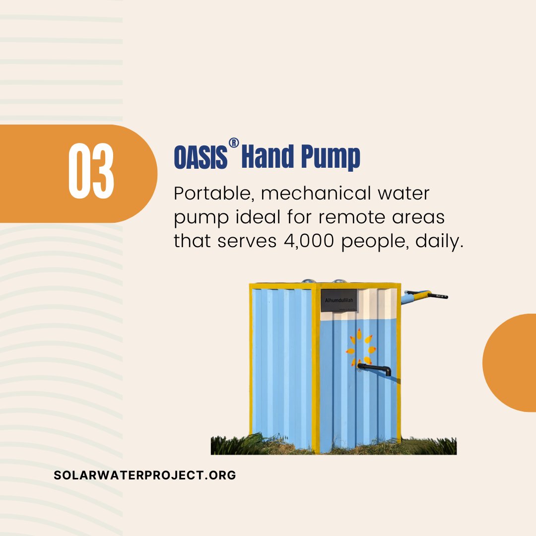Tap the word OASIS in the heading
tap(201, 158)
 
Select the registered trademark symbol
tap(234, 143)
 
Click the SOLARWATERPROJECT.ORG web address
tap(145, 475)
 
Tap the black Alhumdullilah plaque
tap(338, 300)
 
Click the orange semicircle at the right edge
tap(511, 362)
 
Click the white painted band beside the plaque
tap(377, 304)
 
